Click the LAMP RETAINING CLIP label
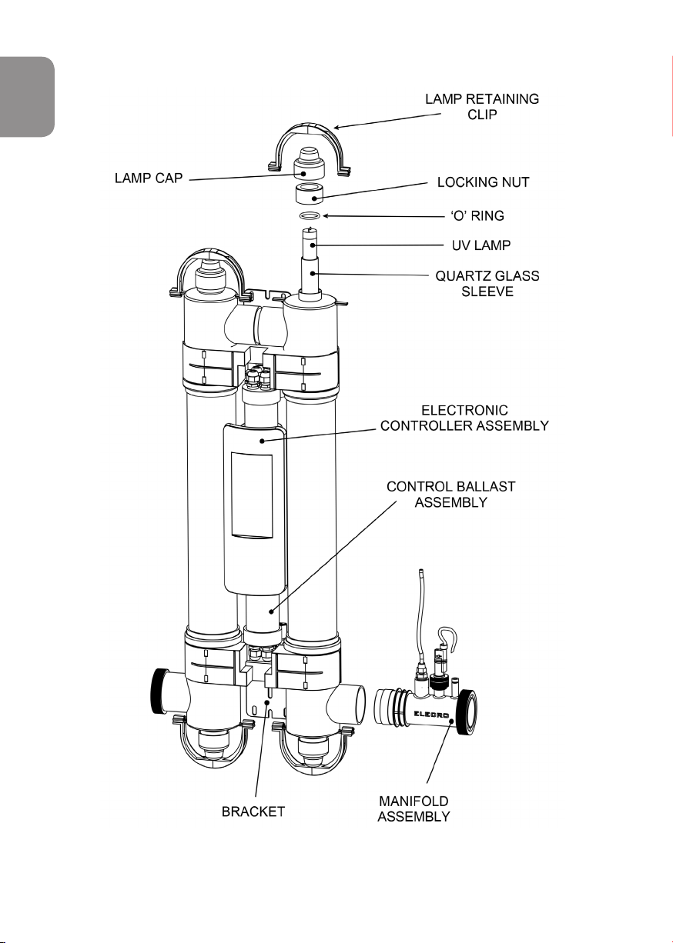tap(482, 106)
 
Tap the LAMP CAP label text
tap(149, 178)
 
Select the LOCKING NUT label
tap(483, 182)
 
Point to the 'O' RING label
tap(477, 215)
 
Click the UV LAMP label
tap(480, 245)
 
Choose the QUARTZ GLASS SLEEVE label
tap(487, 284)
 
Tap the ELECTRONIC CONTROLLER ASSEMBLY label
tap(464, 418)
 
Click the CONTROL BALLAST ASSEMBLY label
tap(450, 495)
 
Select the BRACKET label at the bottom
tap(253, 811)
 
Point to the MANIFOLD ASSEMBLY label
tap(414, 808)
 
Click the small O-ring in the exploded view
tap(310, 216)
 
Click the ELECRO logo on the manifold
tap(431, 715)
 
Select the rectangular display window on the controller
tap(252, 495)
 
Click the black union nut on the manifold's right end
tap(467, 712)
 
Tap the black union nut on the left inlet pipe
tap(159, 691)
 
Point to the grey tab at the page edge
tap(27, 97)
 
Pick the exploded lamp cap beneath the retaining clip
tap(310, 164)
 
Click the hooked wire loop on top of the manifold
tap(447, 637)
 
